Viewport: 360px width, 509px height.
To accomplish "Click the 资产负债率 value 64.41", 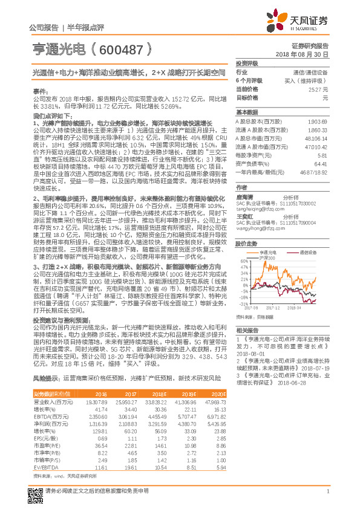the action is pyautogui.click(x=321, y=163).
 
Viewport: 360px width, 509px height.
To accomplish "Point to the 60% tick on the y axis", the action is pyautogui.click(x=244, y=262).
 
